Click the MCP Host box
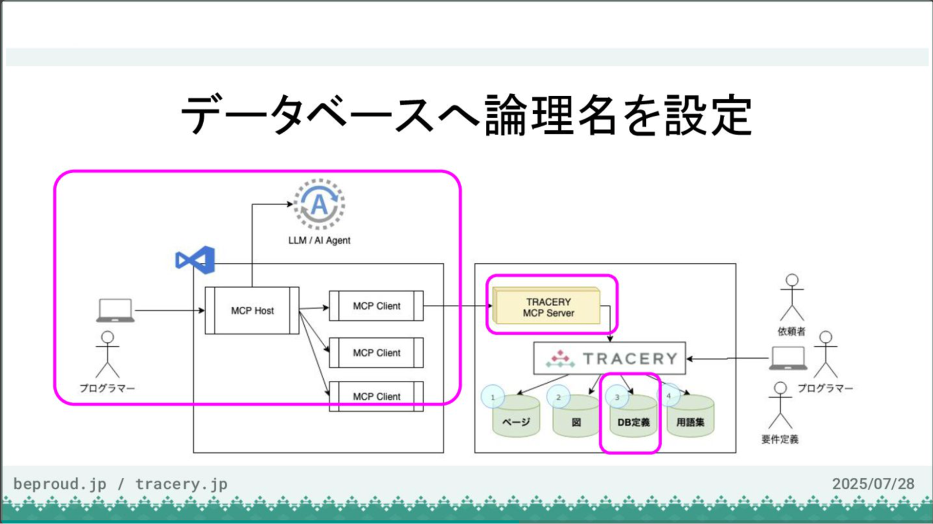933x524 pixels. (x=252, y=310)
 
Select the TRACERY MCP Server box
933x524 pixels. (x=547, y=307)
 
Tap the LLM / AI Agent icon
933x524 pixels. (x=319, y=204)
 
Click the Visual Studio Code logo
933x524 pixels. (x=195, y=260)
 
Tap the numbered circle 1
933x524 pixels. (x=492, y=397)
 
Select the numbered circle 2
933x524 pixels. (x=558, y=397)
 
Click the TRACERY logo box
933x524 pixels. (x=609, y=358)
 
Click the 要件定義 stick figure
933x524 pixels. (x=780, y=405)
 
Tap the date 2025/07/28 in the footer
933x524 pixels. (x=873, y=484)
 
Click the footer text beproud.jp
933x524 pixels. (x=60, y=484)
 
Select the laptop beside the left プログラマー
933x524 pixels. (x=115, y=310)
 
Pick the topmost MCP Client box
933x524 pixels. (x=376, y=306)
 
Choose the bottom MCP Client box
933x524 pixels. (x=376, y=396)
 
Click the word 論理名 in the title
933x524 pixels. (x=553, y=116)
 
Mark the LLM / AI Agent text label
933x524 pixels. (x=319, y=240)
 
